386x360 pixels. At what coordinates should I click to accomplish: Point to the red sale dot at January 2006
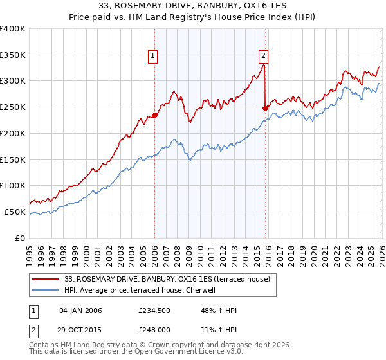tap(154, 116)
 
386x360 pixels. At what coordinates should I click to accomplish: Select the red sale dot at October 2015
tap(265, 108)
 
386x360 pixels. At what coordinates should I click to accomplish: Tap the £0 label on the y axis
tap(19, 238)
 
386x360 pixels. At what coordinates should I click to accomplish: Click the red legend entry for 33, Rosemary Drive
tap(170, 279)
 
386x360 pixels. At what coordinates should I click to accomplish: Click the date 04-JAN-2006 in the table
tap(80, 310)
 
